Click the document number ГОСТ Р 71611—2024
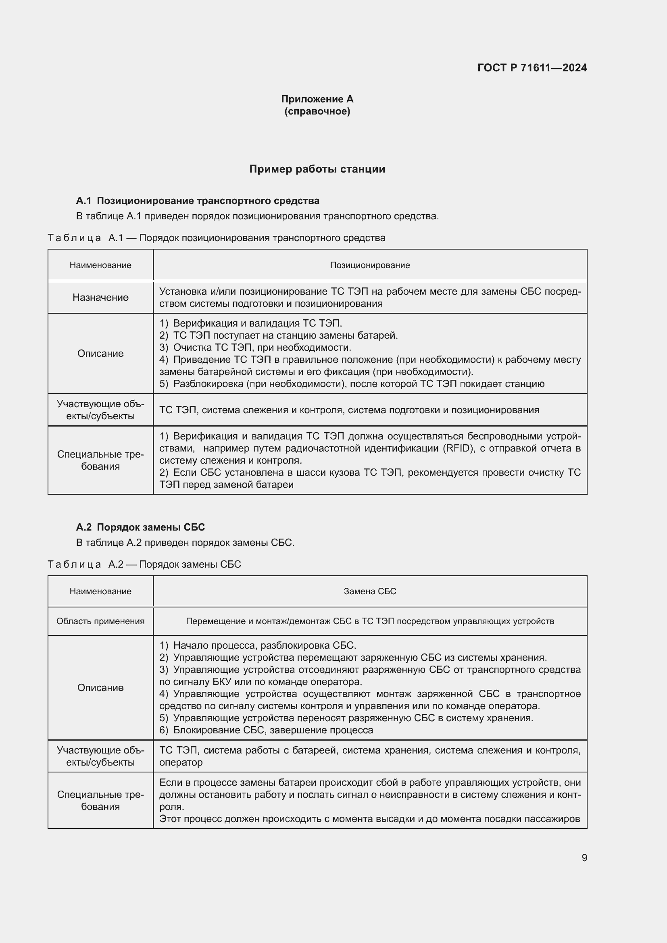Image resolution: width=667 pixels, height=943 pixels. [532, 68]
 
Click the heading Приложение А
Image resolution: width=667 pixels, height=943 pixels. [317, 99]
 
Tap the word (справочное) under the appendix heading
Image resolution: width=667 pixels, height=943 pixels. [317, 111]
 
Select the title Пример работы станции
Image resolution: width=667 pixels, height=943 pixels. [317, 169]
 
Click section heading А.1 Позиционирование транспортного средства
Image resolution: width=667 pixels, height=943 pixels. [198, 201]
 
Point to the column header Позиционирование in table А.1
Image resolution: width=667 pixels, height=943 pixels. [370, 265]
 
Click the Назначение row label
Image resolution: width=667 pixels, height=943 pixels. [100, 298]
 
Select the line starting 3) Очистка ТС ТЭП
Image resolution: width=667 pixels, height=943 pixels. [254, 348]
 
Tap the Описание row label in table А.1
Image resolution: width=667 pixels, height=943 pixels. [100, 353]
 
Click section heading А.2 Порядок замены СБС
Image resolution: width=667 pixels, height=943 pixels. [140, 527]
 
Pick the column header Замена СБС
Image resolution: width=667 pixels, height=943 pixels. [370, 591]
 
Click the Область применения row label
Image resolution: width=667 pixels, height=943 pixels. [100, 621]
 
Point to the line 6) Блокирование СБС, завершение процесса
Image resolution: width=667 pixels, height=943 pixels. [266, 730]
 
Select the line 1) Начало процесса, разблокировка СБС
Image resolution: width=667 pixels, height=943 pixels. [258, 645]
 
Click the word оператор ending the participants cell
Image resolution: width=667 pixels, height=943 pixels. [181, 762]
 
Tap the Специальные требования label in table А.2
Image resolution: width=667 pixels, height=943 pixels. [100, 801]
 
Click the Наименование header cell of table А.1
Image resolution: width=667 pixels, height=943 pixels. [100, 265]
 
